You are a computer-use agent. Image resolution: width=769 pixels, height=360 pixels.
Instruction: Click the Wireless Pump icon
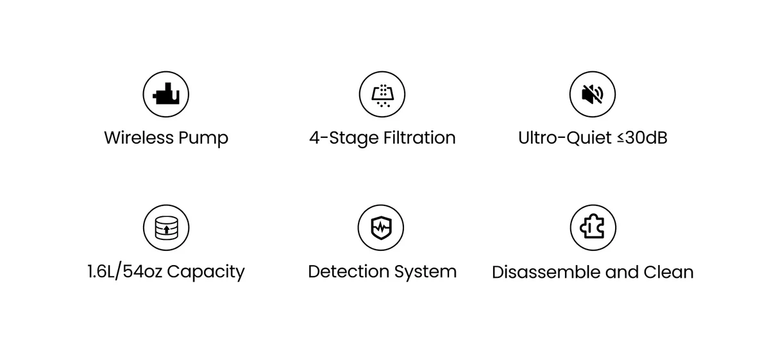pyautogui.click(x=165, y=94)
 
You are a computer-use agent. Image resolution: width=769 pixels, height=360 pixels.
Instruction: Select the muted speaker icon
pyautogui.click(x=592, y=94)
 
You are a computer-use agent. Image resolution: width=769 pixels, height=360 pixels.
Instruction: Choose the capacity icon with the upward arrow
pyautogui.click(x=165, y=228)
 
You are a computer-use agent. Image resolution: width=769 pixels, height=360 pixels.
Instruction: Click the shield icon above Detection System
pyautogui.click(x=380, y=228)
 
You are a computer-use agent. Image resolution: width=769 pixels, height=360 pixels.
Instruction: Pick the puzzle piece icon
pyautogui.click(x=592, y=228)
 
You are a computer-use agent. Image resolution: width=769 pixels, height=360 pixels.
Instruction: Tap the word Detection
pyautogui.click(x=348, y=271)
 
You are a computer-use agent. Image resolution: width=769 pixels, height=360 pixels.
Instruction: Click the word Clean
pyautogui.click(x=668, y=272)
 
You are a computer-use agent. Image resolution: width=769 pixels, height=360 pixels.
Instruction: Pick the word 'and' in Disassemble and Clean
pyautogui.click(x=621, y=272)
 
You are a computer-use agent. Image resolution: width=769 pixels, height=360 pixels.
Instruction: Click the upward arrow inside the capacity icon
pyautogui.click(x=166, y=228)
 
